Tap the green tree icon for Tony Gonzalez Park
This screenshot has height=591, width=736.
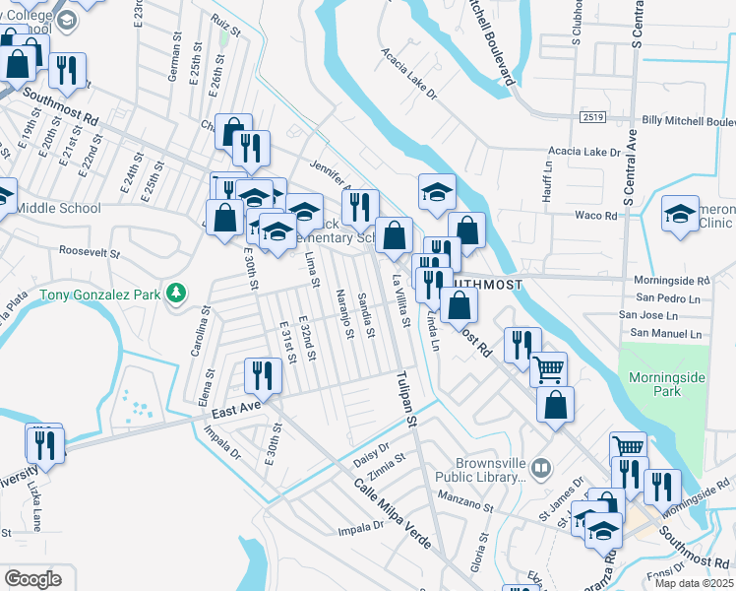175,293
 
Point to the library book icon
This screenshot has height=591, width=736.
539,467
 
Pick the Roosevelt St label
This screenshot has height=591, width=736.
89,252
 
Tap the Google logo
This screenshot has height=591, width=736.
32,578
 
